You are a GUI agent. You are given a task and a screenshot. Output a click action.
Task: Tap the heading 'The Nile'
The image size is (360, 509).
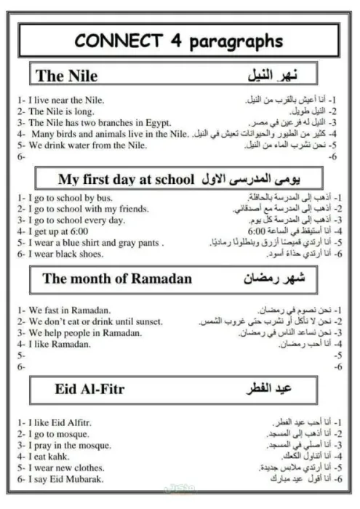[67, 76]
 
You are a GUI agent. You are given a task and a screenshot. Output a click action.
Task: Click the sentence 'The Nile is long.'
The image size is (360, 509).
[64, 111]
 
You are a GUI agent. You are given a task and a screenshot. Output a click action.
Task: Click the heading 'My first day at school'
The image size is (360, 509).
[126, 179]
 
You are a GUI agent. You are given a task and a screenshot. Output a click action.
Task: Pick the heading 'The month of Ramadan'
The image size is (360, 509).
[116, 278]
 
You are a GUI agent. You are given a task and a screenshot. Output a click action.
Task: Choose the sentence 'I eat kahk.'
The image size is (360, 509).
[51, 456]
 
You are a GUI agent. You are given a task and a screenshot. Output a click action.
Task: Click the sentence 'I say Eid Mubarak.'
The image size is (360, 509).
[65, 479]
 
